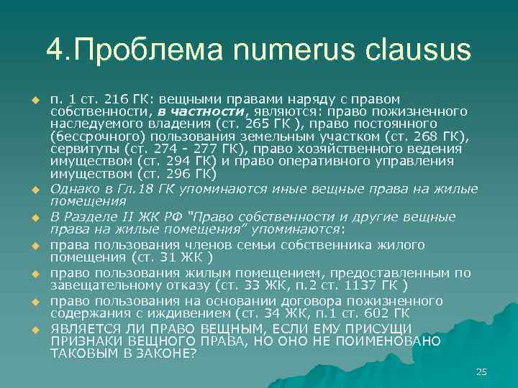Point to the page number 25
point(481,371)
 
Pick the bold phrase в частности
point(201,111)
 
